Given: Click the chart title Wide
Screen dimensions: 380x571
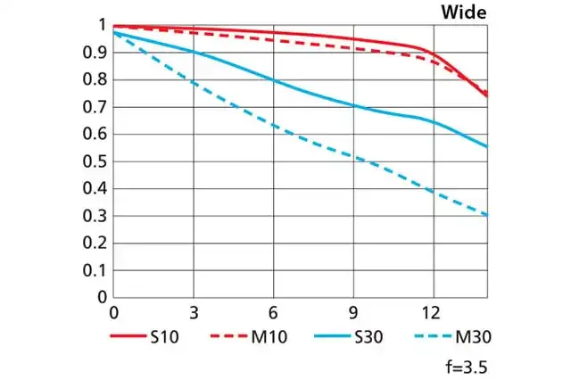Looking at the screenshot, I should click(464, 12).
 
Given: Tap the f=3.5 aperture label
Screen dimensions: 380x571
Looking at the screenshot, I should click(466, 366).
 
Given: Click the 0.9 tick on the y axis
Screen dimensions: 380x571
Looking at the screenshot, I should click(97, 53).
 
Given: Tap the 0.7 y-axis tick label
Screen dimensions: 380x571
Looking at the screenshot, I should click(97, 107).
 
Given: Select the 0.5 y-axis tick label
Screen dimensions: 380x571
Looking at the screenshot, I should click(97, 161).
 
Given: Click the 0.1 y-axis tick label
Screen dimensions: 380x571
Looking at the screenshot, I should click(97, 269).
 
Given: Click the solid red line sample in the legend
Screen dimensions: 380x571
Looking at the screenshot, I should click(128, 337).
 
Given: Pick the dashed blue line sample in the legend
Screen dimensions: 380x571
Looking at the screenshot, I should click(434, 337).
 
